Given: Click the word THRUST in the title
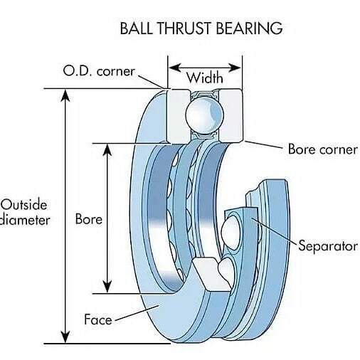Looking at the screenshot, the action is pyautogui.click(x=184, y=28).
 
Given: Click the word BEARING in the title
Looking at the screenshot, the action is pyautogui.click(x=250, y=28).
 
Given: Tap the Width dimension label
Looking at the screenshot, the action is pyautogui.click(x=205, y=78).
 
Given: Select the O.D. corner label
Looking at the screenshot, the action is pyautogui.click(x=99, y=71).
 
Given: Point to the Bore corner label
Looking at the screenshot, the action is pyautogui.click(x=323, y=149).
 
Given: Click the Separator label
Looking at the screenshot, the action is pyautogui.click(x=328, y=245).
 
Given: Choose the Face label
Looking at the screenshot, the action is pyautogui.click(x=98, y=319).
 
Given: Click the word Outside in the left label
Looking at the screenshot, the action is pyautogui.click(x=24, y=205).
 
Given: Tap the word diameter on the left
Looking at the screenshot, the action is pyautogui.click(x=25, y=220).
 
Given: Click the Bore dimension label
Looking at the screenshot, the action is pyautogui.click(x=89, y=218).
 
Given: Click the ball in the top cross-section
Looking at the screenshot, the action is pyautogui.click(x=204, y=116).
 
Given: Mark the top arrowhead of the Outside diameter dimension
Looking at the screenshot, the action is pyautogui.click(x=65, y=95).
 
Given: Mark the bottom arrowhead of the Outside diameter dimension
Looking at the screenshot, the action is pyautogui.click(x=65, y=337).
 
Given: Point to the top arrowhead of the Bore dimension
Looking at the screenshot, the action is pyautogui.click(x=107, y=150).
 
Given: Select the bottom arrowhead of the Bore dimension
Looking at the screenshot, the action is pyautogui.click(x=107, y=287).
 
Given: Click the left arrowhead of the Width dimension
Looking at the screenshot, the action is pyautogui.click(x=175, y=68).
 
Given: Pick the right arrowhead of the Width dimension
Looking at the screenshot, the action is pyautogui.click(x=235, y=68).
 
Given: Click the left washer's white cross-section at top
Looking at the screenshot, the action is pyautogui.click(x=179, y=116).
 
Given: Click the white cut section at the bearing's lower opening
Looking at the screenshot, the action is pyautogui.click(x=212, y=274).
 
